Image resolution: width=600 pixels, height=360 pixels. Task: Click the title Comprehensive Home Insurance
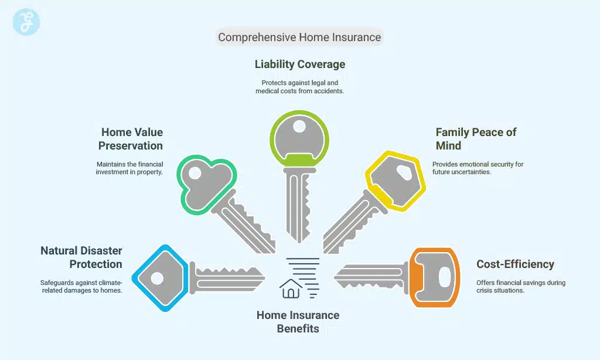pos(299,38)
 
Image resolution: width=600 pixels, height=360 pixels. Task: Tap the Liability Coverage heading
pos(299,64)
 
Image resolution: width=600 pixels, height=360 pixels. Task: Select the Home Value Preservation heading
pos(131,139)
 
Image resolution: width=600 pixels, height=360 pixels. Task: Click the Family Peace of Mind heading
pos(476,139)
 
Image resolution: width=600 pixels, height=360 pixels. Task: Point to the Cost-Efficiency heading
pos(515,264)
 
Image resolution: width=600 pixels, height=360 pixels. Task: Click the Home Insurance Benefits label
pos(298,322)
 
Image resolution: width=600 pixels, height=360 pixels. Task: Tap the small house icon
pos(291,288)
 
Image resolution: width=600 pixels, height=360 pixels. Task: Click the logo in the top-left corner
pos(26,22)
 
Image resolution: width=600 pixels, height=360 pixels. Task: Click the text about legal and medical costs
pos(299,87)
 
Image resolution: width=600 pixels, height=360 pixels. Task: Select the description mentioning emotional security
pos(478,168)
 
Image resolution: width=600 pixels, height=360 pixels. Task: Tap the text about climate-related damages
pos(81,286)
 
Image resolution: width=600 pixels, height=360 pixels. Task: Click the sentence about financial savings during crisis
pos(520,286)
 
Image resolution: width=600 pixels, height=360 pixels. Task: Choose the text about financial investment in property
pos(129,168)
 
